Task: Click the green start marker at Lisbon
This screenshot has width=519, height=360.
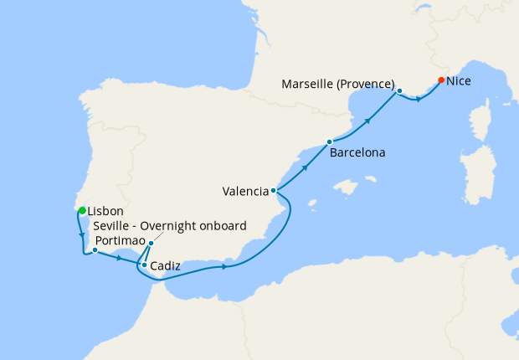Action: click(x=82, y=210)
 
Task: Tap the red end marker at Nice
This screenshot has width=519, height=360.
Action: click(x=441, y=80)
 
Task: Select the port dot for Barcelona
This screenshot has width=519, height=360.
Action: click(x=329, y=141)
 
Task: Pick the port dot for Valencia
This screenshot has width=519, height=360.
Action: click(x=274, y=191)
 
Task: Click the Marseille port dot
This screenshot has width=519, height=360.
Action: click(x=400, y=90)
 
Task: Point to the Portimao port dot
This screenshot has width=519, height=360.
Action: click(x=95, y=249)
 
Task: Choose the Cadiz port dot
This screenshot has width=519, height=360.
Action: click(x=144, y=265)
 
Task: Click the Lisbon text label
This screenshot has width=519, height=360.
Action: click(x=106, y=211)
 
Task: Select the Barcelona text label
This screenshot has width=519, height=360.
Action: click(x=357, y=154)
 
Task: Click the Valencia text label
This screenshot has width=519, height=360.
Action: click(x=245, y=191)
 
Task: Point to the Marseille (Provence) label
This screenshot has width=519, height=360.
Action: click(x=338, y=84)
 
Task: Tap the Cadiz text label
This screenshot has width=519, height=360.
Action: click(x=166, y=266)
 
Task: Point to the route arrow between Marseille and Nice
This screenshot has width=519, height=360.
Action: click(x=419, y=99)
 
